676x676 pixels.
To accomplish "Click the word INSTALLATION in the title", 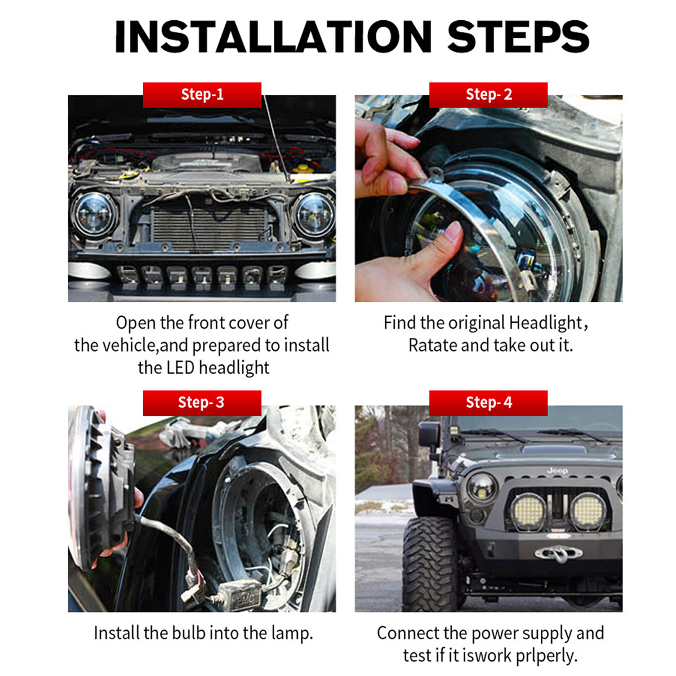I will [x=273, y=37].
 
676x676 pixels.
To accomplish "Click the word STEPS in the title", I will [x=518, y=37].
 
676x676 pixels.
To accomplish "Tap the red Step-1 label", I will [x=202, y=95].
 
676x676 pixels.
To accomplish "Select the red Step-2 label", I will [x=488, y=95].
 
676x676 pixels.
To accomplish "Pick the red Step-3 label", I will [x=202, y=402].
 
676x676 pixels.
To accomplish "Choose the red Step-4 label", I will [x=488, y=402].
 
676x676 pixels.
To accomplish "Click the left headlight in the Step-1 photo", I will [x=94, y=214].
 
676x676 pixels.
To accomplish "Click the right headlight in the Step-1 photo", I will [x=313, y=214].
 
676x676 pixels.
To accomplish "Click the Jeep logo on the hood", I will [x=557, y=470].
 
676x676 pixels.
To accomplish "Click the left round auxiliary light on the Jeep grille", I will [x=528, y=512].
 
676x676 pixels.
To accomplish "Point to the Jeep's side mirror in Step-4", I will [x=429, y=437].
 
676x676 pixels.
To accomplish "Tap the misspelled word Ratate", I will [x=433, y=345].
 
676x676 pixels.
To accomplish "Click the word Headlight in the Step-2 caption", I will [x=545, y=323].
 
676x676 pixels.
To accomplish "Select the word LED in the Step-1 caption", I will [x=180, y=368].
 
